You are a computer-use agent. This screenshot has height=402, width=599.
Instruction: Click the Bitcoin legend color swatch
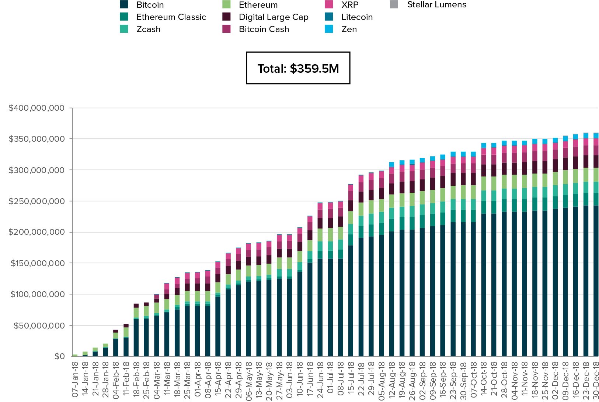pyautogui.click(x=124, y=5)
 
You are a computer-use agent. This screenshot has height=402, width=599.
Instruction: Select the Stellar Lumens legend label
pyautogui.click(x=436, y=5)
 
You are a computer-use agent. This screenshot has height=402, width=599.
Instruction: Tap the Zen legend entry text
pyautogui.click(x=349, y=29)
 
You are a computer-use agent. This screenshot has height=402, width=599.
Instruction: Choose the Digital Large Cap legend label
pyautogui.click(x=273, y=17)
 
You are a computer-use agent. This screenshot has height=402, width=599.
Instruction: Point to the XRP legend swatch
pyautogui.click(x=329, y=5)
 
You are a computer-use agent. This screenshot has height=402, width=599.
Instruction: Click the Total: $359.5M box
pyautogui.click(x=298, y=68)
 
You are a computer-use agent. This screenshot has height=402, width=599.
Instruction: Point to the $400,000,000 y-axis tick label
pyautogui.click(x=36, y=108)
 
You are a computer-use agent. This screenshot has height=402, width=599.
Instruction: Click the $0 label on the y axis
pyautogui.click(x=59, y=356)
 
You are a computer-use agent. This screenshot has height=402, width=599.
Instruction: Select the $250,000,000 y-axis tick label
pyautogui.click(x=36, y=201)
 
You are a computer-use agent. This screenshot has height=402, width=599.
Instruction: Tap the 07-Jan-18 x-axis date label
pyautogui.click(x=75, y=379)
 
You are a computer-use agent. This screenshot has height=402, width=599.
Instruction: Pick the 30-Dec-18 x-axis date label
pyautogui.click(x=596, y=379)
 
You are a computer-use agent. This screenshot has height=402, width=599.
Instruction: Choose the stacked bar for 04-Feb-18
pyautogui.click(x=116, y=343)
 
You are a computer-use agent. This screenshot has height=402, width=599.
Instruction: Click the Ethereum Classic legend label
pyautogui.click(x=171, y=17)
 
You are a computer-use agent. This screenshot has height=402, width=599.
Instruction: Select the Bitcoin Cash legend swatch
pyautogui.click(x=227, y=29)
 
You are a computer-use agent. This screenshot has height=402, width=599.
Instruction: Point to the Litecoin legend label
pyautogui.click(x=357, y=17)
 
